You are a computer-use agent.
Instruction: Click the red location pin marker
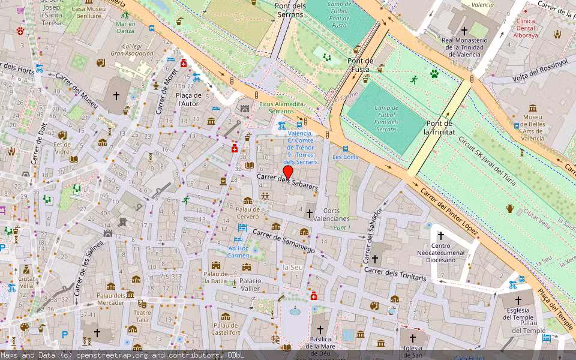pyautogui.click(x=288, y=172)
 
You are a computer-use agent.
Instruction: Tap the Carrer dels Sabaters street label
pyautogui.click(x=287, y=182)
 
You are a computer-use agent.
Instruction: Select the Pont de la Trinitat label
pyautogui.click(x=439, y=127)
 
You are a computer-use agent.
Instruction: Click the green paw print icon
pyautogui.click(x=434, y=74)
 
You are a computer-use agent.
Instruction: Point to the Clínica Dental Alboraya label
pyautogui.click(x=533, y=28)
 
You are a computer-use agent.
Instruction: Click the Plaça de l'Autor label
pyautogui.click(x=191, y=99)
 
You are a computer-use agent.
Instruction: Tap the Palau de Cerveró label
pyautogui.click(x=247, y=212)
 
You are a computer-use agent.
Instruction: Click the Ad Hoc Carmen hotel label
pyautogui.click(x=238, y=251)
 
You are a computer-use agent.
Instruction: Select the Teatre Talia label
pyautogui.click(x=142, y=316)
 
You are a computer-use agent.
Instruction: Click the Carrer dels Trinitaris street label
pyautogui.click(x=395, y=274)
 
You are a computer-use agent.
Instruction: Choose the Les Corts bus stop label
pyautogui.click(x=345, y=157)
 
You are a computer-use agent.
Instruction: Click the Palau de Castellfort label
pyautogui.click(x=226, y=328)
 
